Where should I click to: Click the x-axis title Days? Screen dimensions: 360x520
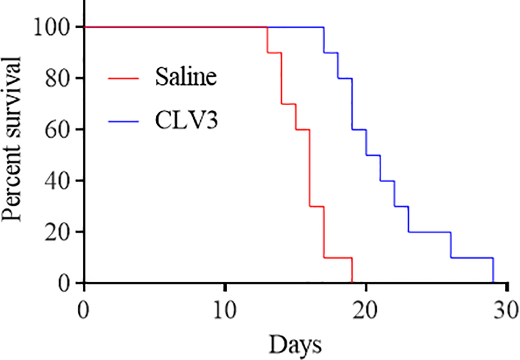(x=296, y=343)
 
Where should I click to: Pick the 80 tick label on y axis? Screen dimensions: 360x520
(x=61, y=78)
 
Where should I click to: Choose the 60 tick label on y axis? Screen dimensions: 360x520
(x=61, y=130)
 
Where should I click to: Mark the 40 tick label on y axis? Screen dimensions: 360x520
(x=61, y=181)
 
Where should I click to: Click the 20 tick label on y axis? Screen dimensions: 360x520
(x=61, y=232)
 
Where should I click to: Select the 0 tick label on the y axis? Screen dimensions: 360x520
(x=67, y=283)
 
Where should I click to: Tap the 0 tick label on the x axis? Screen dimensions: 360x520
(x=85, y=309)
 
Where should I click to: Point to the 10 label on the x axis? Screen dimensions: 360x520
(x=225, y=309)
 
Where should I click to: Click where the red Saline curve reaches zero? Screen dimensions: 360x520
(x=352, y=282)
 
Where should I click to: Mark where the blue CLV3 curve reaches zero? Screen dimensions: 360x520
(x=493, y=282)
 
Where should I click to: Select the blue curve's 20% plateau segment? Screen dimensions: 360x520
(x=429, y=232)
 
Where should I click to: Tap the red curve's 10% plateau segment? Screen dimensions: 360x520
(x=337, y=257)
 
